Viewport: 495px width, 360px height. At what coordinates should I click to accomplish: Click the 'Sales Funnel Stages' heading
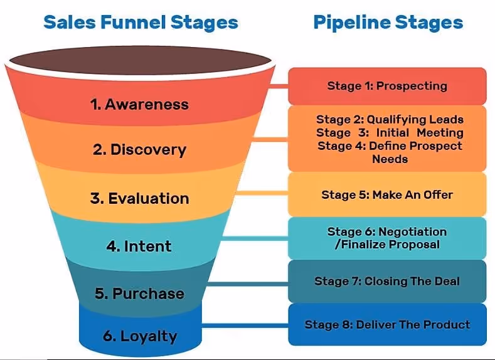(x=141, y=23)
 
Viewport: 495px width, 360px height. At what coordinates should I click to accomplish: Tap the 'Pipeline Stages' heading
(x=388, y=23)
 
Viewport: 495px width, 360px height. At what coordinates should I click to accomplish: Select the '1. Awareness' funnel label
(x=139, y=104)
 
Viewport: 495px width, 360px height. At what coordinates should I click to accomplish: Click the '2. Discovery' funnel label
(x=139, y=150)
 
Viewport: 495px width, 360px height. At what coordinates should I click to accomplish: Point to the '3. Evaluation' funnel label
(x=139, y=199)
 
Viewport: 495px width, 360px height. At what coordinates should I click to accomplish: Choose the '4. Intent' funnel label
(x=139, y=246)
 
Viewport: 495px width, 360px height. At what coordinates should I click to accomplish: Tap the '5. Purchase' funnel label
(x=139, y=294)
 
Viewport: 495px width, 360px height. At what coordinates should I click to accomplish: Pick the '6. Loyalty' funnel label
(x=139, y=336)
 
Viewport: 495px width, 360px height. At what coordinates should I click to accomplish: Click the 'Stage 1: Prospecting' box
(x=387, y=86)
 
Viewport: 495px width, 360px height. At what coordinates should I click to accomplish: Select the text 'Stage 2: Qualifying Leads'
(x=390, y=119)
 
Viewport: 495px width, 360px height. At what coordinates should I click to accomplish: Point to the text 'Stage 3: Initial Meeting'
(x=390, y=132)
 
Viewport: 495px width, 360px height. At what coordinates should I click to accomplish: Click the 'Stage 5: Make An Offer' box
(x=387, y=195)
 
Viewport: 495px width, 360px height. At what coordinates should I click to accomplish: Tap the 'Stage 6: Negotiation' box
(x=387, y=238)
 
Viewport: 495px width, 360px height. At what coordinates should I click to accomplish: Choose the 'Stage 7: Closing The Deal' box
(x=387, y=281)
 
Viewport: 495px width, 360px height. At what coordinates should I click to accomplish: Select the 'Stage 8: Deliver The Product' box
(x=387, y=324)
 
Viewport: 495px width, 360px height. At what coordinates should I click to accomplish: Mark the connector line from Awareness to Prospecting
(x=279, y=85)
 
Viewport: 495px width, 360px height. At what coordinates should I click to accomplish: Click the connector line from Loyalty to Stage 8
(x=245, y=325)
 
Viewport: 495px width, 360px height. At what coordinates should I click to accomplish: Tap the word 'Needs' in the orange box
(x=390, y=159)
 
